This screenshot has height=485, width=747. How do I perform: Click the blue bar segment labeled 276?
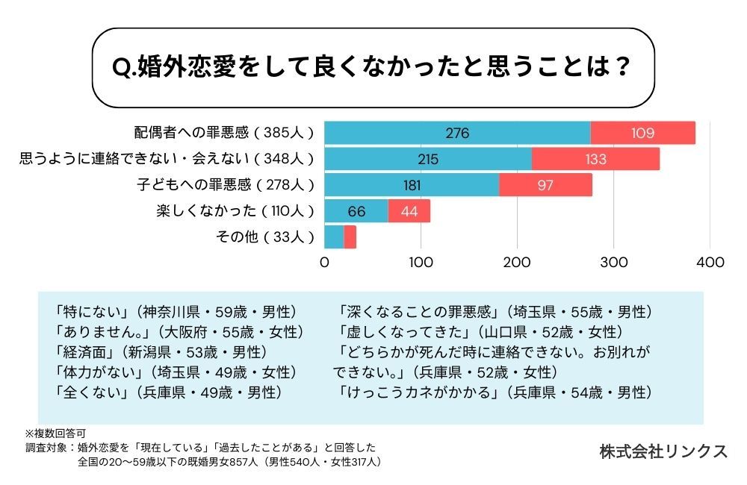coord(457,134)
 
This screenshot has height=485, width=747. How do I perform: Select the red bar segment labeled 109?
coord(642,134)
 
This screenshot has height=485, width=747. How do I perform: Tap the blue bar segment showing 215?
coord(428,159)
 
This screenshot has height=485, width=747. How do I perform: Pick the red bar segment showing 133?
coord(595,159)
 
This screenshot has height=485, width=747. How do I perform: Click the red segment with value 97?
coord(545,185)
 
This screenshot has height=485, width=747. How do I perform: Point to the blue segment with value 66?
coord(356,211)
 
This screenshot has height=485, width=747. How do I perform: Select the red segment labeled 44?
coord(409,211)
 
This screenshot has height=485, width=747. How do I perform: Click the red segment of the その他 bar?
coord(350,237)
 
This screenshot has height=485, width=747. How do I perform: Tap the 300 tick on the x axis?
coord(614,263)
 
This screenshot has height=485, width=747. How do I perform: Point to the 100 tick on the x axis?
coord(421,263)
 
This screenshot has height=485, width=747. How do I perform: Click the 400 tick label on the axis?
coord(710,263)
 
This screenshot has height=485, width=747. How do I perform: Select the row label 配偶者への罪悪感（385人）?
coord(223,134)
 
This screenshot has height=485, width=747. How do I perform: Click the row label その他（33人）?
coord(262,237)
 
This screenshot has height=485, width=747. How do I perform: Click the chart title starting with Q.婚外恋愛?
coord(373,68)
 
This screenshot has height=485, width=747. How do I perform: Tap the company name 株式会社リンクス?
coord(663,451)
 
